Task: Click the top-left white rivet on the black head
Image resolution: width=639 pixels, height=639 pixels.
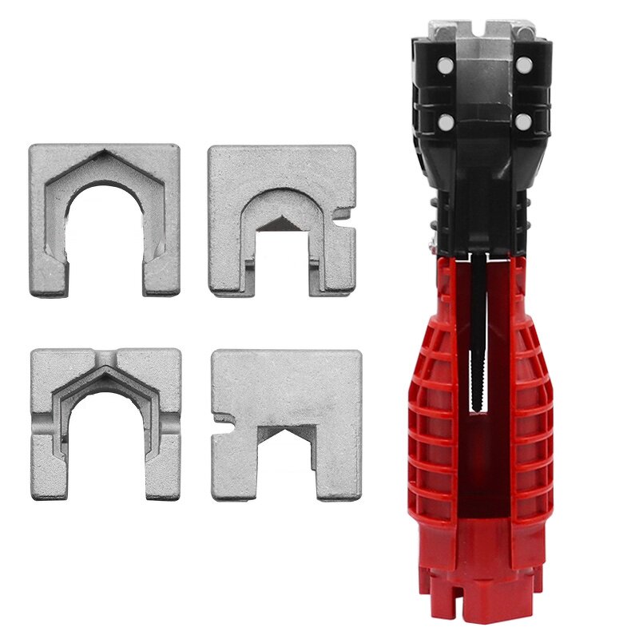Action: (x=443, y=62)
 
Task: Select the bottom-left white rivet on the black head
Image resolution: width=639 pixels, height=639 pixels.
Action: (x=443, y=121)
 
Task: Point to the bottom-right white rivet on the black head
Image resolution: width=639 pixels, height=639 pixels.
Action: (x=524, y=121)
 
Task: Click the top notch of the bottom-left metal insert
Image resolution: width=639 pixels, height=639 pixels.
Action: (x=105, y=354)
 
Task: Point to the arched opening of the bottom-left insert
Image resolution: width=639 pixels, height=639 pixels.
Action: (x=105, y=439)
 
